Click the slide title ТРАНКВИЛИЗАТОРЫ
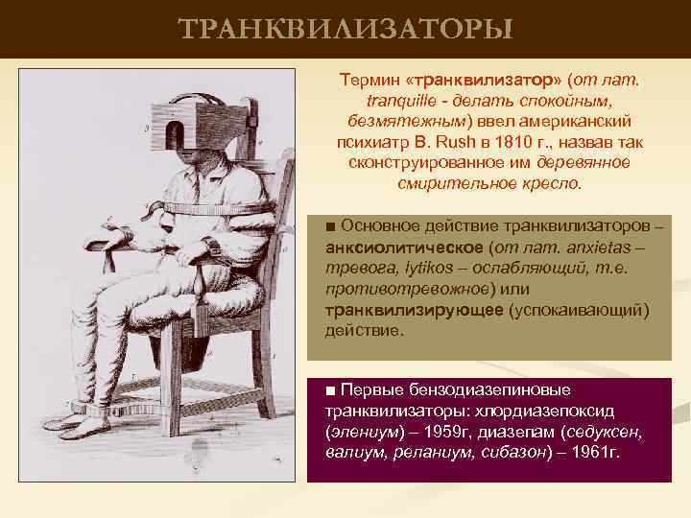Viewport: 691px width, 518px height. click(x=345, y=29)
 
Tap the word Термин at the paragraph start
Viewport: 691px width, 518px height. click(x=369, y=79)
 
